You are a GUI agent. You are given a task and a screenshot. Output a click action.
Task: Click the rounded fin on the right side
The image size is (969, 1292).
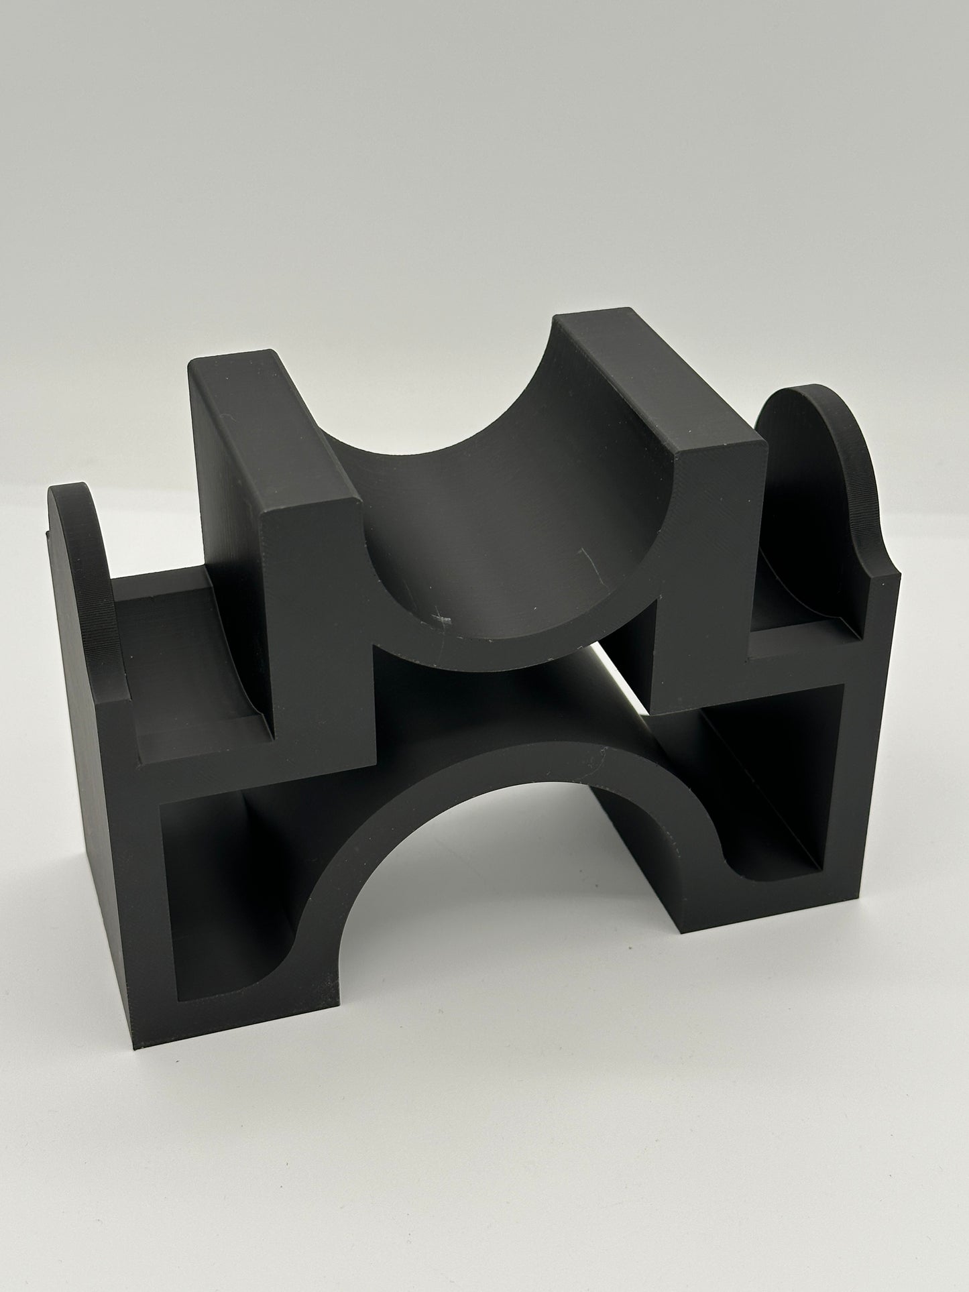pyautogui.click(x=805, y=483)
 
